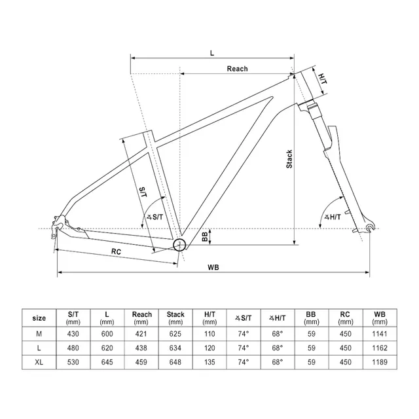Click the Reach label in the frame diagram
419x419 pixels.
[x=237, y=69]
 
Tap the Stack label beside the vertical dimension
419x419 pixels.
[x=289, y=160]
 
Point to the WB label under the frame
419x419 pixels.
[x=213, y=267]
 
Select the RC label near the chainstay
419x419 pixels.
[x=117, y=250]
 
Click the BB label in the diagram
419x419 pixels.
[x=204, y=236]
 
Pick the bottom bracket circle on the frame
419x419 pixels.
[x=179, y=244]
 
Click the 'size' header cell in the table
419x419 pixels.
[x=39, y=318]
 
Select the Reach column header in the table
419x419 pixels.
[x=141, y=318]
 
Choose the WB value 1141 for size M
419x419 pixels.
[x=380, y=334]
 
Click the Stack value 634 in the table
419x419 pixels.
[x=175, y=348]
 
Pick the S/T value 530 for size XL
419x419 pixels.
[x=73, y=361]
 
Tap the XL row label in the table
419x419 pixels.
[x=39, y=361]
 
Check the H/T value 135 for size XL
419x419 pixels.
[x=209, y=361]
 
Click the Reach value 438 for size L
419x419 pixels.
[x=141, y=348]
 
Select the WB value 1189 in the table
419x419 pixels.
[x=380, y=361]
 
